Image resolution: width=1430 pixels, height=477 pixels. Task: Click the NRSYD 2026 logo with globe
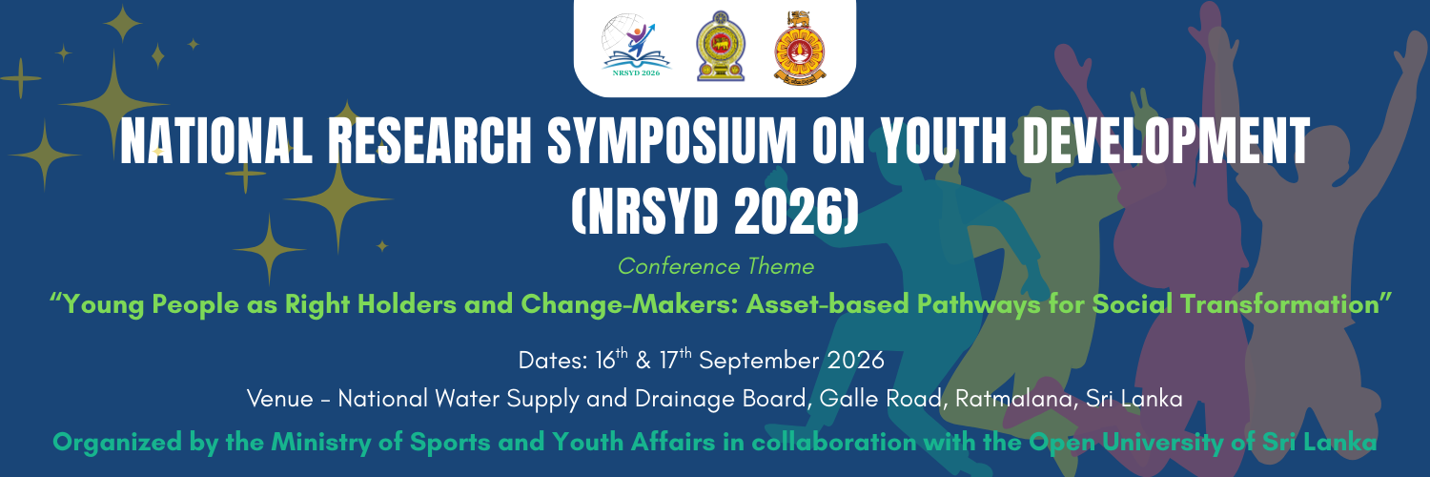[x=636, y=45]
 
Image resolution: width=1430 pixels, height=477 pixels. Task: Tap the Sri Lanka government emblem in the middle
[x=720, y=46]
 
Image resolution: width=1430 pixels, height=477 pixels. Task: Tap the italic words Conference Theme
[x=715, y=266]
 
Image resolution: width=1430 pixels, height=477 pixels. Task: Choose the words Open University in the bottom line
[x=1126, y=443]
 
